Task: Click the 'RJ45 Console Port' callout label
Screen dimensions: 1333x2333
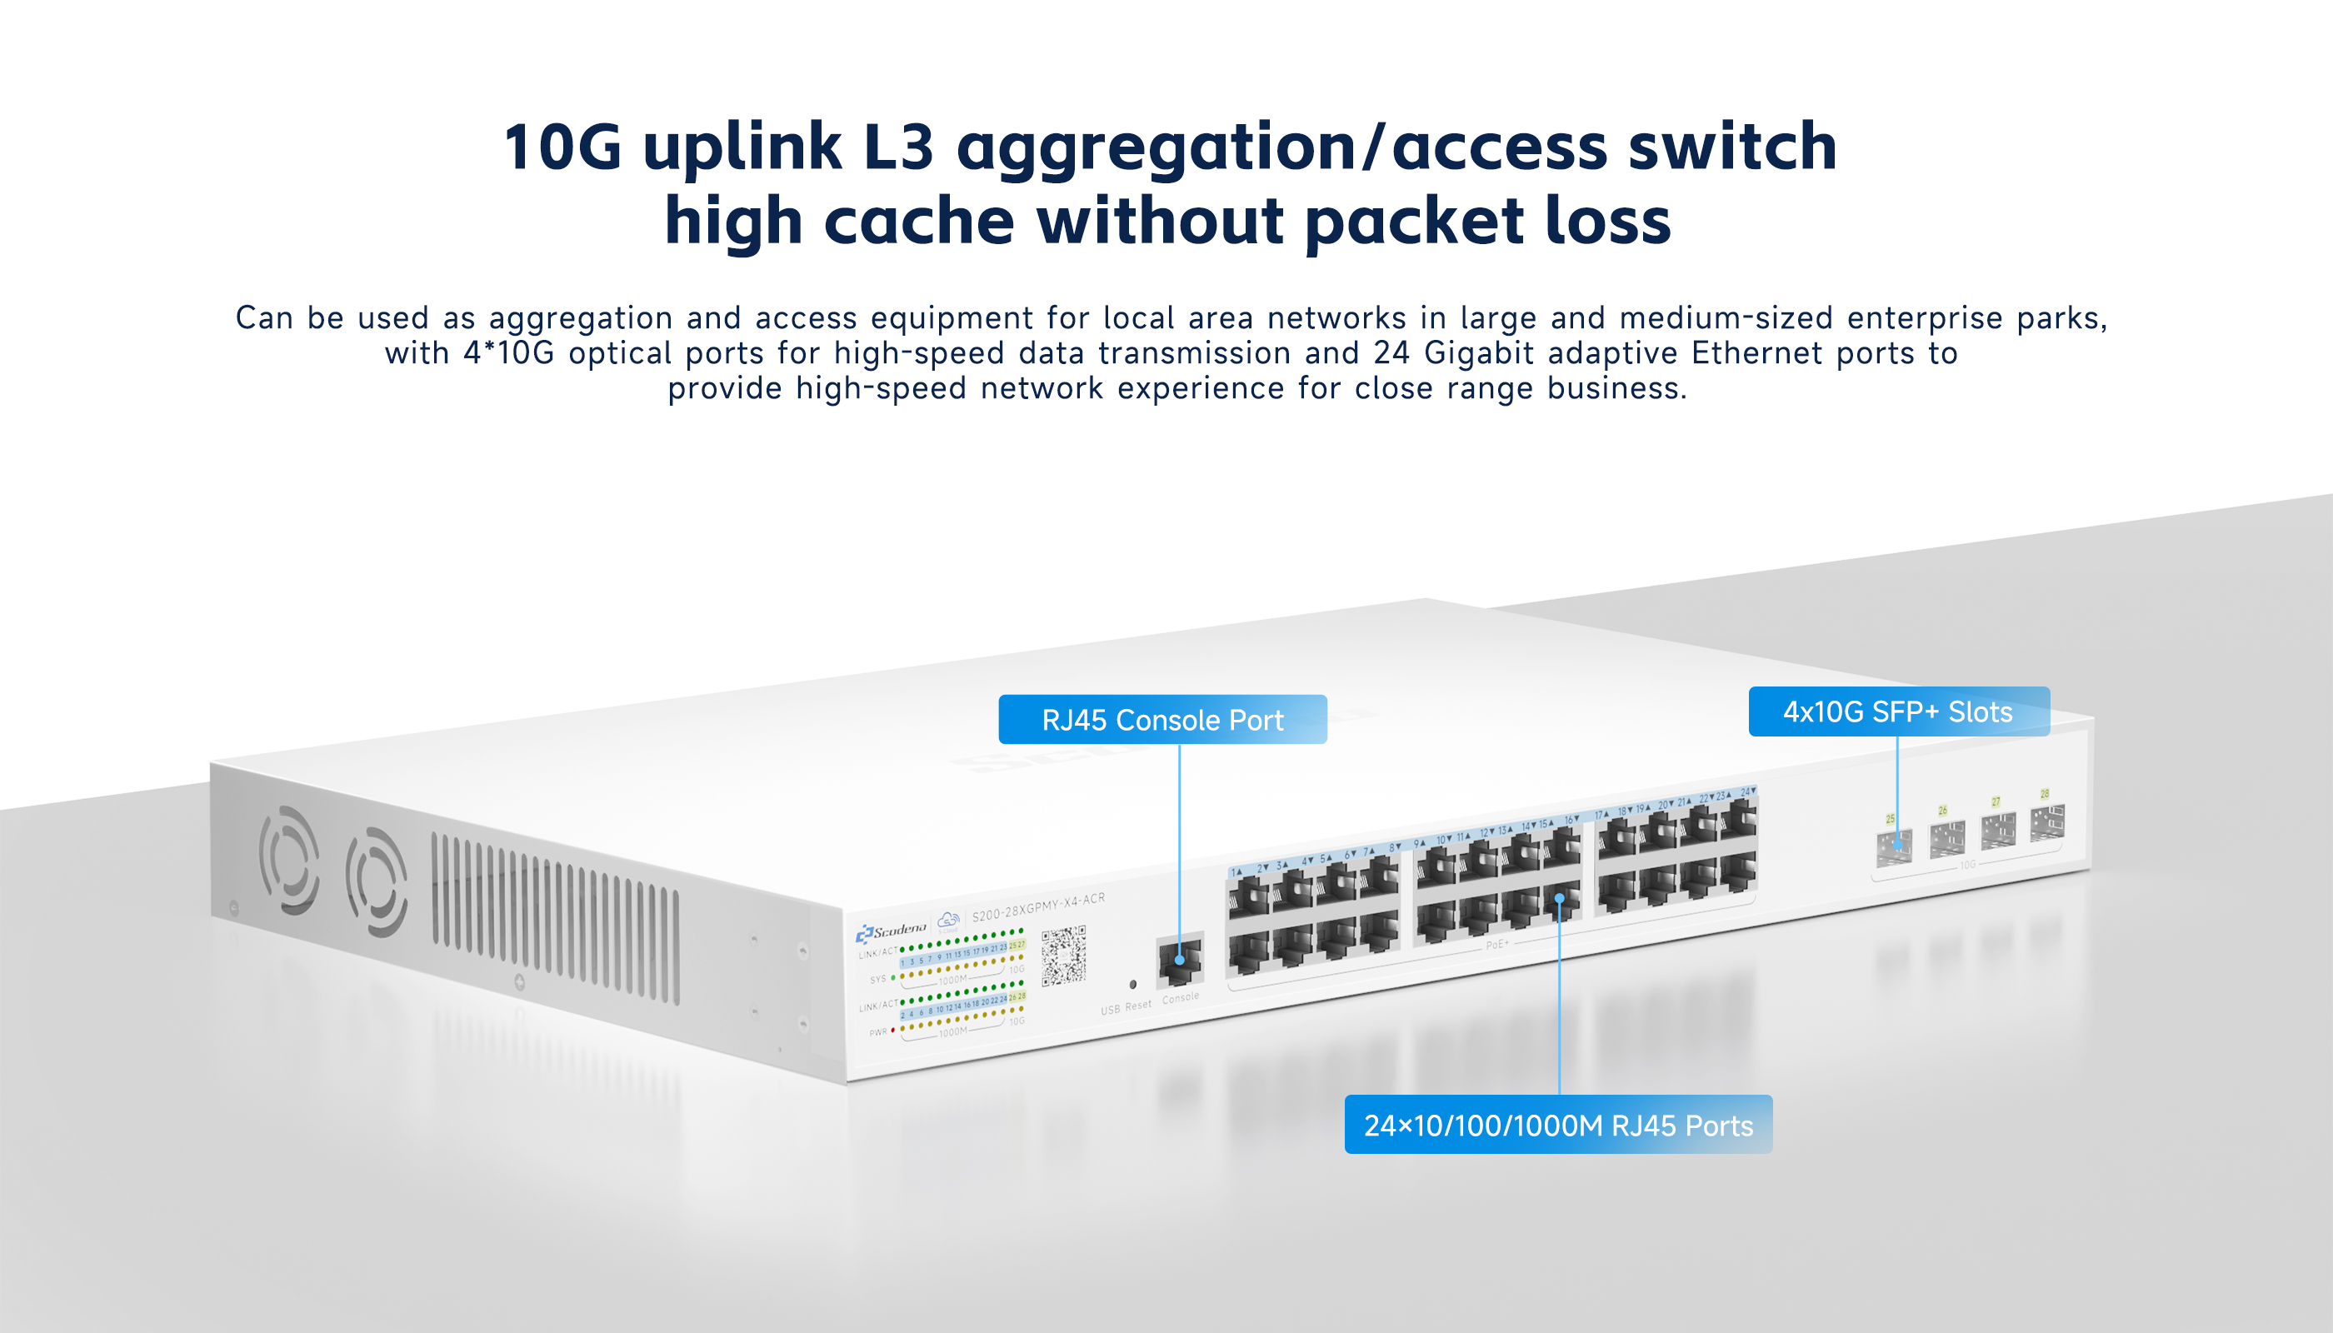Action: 1162,720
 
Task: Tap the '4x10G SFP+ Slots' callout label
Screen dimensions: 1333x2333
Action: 1898,711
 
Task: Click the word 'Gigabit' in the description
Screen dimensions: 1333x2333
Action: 1478,353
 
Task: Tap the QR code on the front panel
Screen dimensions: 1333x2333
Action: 1063,955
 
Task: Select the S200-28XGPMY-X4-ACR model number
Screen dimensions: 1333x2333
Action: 1037,906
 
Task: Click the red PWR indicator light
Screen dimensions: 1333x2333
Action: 892,1030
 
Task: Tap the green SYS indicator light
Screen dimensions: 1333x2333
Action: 892,978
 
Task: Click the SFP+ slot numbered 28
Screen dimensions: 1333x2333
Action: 2047,822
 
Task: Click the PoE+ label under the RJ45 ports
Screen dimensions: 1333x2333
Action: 1496,944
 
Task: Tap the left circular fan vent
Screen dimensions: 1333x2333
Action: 289,860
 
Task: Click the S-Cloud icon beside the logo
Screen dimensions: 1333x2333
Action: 948,918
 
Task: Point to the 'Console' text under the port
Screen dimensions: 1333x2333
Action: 1180,998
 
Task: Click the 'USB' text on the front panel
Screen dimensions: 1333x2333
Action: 1110,1010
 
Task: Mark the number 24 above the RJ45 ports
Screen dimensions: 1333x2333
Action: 1746,791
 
